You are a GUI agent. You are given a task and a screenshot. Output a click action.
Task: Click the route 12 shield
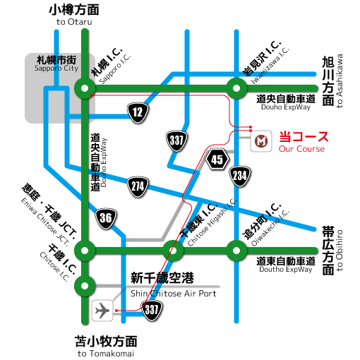(x=138, y=111)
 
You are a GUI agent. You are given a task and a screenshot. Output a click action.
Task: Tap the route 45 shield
(x=217, y=160)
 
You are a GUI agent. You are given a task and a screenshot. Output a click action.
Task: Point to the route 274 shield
(x=138, y=187)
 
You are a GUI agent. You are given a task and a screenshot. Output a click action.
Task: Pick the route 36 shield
(x=106, y=217)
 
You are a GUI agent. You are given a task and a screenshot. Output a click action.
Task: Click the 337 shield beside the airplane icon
(x=152, y=308)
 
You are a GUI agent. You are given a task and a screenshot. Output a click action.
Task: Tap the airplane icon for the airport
(x=103, y=309)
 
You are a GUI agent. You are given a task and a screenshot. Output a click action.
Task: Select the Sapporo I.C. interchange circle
(x=85, y=88)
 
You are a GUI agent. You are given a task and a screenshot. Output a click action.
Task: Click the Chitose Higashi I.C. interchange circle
(x=172, y=249)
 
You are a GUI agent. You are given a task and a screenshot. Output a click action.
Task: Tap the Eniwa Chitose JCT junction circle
(x=85, y=249)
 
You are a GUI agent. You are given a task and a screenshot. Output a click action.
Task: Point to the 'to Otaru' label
(x=74, y=22)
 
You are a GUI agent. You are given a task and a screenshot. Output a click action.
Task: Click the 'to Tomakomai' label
(x=106, y=353)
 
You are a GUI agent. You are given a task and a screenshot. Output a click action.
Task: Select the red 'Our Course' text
(x=301, y=149)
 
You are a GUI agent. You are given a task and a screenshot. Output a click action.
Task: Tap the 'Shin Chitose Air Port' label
(x=174, y=293)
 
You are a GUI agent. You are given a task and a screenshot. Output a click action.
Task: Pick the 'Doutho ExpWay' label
(x=284, y=269)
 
